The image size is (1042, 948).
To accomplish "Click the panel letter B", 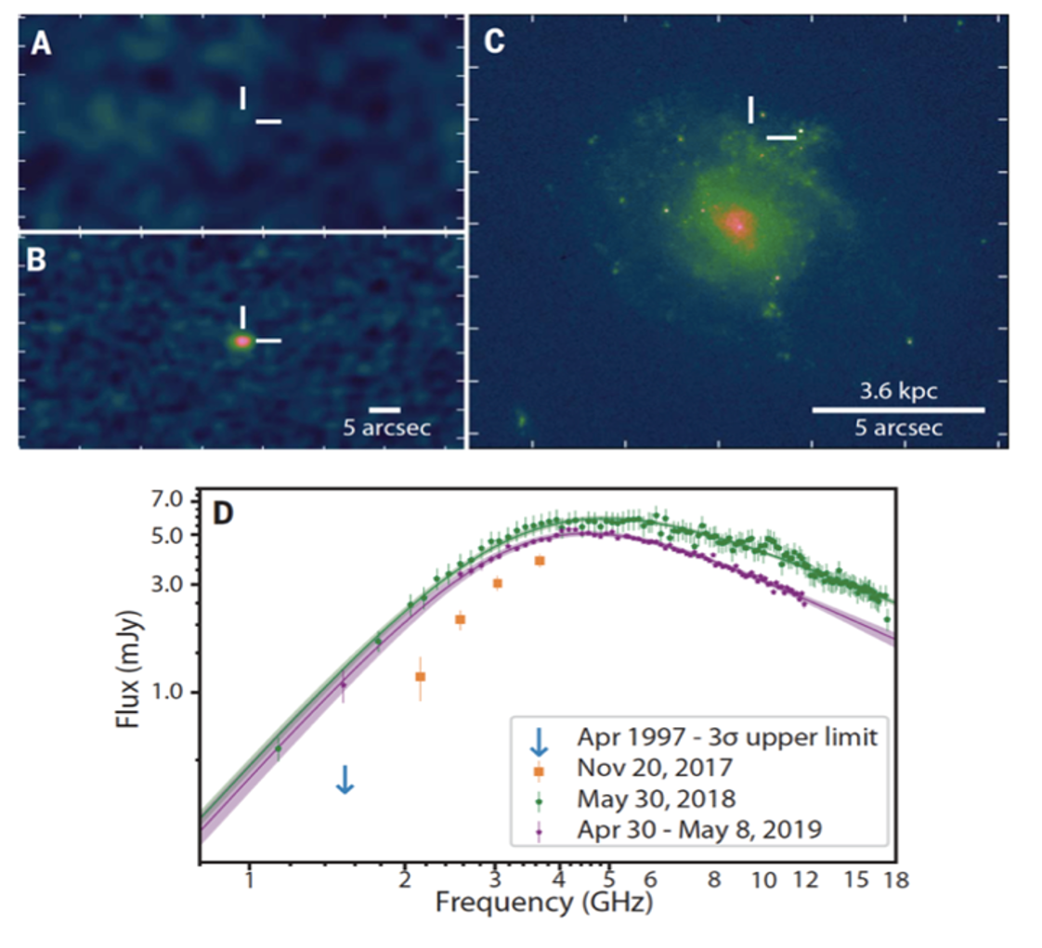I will point(36,260).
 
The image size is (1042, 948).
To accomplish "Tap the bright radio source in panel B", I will point(241,341).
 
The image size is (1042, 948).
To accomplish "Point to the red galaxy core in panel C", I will point(737,223).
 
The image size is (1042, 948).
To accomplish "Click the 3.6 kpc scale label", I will point(896,391).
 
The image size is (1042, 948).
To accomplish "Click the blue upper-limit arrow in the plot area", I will point(345,779).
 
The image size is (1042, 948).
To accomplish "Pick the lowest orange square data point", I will point(420,677).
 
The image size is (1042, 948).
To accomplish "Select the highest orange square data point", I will point(540,561).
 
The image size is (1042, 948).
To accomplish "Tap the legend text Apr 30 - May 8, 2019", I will point(699,828).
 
